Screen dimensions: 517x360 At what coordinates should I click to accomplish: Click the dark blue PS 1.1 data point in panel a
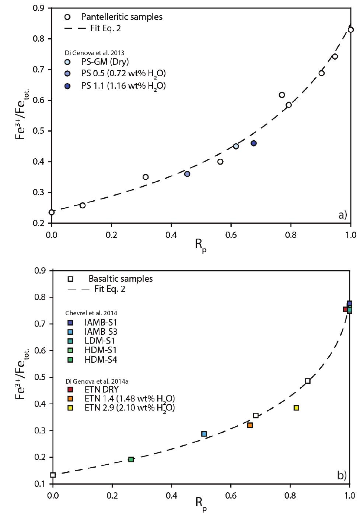(x=254, y=143)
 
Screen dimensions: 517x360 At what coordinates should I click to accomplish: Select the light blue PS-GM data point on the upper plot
(x=236, y=146)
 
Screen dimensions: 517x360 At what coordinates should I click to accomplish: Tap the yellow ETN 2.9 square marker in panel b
(x=296, y=408)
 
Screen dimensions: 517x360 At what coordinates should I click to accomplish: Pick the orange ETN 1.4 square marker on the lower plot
(x=250, y=425)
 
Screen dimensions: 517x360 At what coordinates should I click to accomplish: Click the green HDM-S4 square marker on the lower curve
(x=131, y=459)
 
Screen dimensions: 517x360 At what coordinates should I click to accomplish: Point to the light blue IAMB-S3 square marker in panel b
(x=204, y=434)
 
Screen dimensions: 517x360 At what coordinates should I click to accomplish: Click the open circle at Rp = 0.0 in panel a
(x=52, y=212)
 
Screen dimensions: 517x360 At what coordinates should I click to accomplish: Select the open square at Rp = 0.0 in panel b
(x=53, y=475)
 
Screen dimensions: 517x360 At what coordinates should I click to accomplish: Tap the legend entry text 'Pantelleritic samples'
(x=122, y=17)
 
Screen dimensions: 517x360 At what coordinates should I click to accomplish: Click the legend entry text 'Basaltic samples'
(x=120, y=278)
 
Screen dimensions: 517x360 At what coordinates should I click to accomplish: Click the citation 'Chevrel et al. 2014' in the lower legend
(x=91, y=313)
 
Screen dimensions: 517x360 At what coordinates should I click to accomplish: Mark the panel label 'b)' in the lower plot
(x=342, y=475)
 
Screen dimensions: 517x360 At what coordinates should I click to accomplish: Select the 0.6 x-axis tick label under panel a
(x=231, y=235)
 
